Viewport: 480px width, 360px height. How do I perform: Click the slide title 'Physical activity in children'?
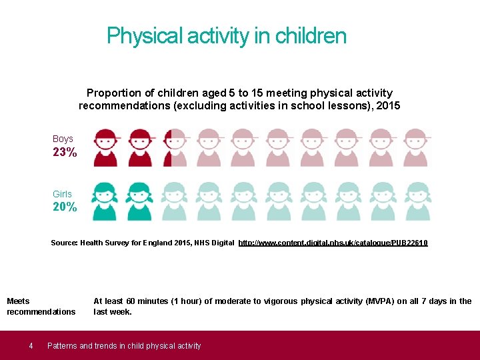point(227,35)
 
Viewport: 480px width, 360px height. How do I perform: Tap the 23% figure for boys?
point(65,152)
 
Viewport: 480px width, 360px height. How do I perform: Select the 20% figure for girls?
point(65,207)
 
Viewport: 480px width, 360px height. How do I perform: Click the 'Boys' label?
point(63,139)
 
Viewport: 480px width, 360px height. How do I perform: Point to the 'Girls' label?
point(62,194)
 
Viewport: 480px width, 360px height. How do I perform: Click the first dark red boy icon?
point(105,147)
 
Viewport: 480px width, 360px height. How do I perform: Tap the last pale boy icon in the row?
point(416,147)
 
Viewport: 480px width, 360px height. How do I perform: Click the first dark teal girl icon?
point(105,201)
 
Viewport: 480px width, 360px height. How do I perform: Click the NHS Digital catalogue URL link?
point(333,243)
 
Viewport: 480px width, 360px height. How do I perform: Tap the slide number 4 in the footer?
point(31,345)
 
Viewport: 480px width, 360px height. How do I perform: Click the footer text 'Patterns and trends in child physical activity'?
point(124,345)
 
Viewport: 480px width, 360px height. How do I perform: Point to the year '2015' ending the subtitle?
point(388,105)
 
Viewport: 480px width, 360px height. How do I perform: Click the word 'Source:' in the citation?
point(64,243)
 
